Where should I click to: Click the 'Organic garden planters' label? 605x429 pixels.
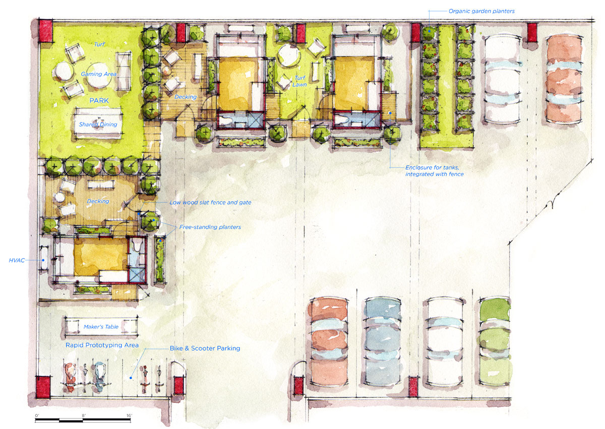click(481, 11)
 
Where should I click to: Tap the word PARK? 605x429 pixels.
click(99, 100)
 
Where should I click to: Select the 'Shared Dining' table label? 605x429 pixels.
click(98, 124)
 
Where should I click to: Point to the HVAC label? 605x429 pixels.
click(17, 260)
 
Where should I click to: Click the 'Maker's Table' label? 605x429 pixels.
click(101, 327)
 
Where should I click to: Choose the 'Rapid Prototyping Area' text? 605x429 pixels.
click(102, 345)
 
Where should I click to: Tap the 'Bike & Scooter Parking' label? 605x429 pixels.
click(205, 348)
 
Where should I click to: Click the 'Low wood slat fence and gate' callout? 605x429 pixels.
click(210, 202)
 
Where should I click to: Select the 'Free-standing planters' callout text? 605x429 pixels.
click(210, 227)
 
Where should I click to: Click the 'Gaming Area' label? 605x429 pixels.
click(99, 74)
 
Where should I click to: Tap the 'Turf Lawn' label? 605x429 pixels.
click(299, 81)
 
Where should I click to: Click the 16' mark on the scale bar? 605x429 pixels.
click(129, 415)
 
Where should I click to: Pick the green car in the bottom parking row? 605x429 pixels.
click(495, 341)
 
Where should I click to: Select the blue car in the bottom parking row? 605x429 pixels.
click(383, 341)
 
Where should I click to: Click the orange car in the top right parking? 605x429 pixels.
click(564, 80)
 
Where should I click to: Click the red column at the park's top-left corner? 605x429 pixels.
click(46, 31)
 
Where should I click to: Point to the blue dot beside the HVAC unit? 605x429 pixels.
click(43, 260)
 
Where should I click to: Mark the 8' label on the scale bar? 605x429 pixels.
click(84, 415)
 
